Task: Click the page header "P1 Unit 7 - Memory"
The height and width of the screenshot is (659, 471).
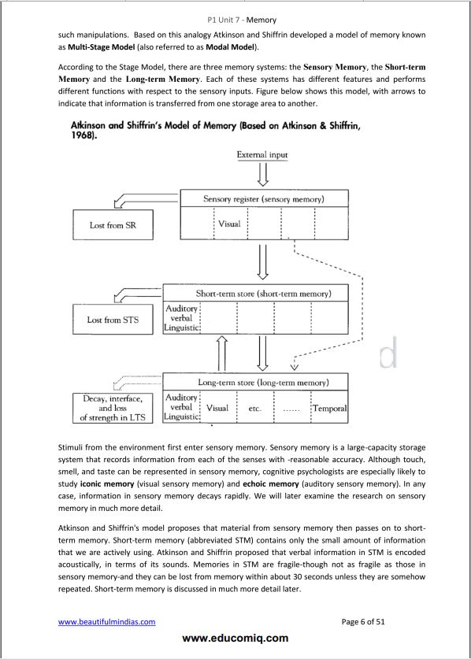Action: pyautogui.click(x=235, y=20)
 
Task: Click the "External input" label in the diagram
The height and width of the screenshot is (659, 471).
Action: pyautogui.click(x=261, y=154)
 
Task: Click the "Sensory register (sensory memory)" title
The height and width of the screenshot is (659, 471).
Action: pyautogui.click(x=263, y=198)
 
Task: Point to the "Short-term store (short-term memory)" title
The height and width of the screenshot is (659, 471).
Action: pyautogui.click(x=263, y=294)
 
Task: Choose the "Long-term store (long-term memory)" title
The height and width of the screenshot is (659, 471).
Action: pyautogui.click(x=263, y=383)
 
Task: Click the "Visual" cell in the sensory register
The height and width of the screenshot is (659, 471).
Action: pyautogui.click(x=229, y=224)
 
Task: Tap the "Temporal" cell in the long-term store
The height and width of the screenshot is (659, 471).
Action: pyautogui.click(x=330, y=409)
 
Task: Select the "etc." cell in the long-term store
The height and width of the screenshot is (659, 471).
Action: pyautogui.click(x=255, y=409)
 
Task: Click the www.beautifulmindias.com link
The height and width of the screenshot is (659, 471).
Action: pyautogui.click(x=107, y=622)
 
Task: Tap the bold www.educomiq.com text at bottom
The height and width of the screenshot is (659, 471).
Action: pyautogui.click(x=235, y=639)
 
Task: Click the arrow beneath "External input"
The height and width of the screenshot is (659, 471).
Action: pyautogui.click(x=261, y=175)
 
